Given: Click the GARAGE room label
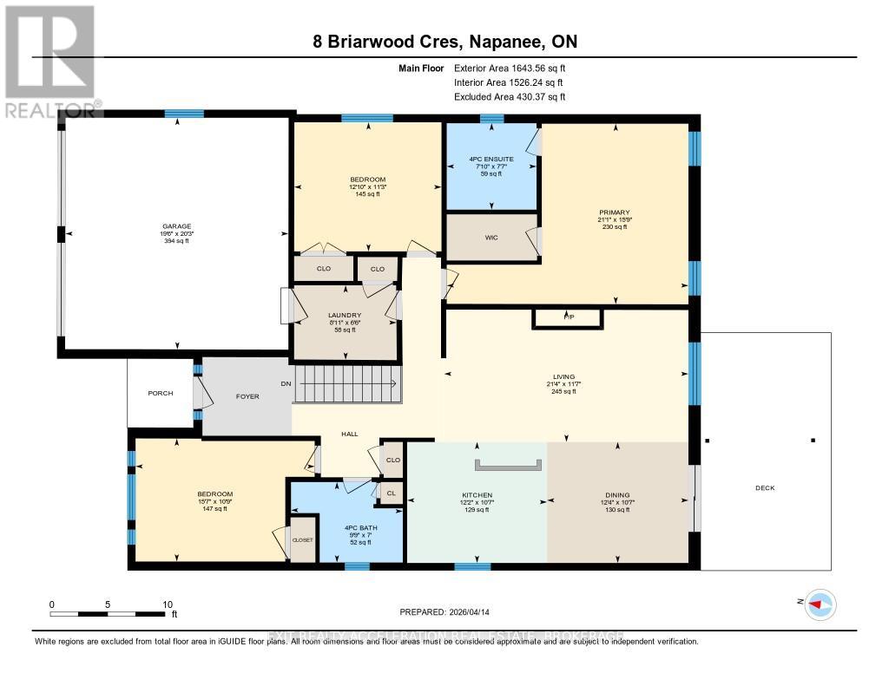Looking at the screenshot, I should [175, 226].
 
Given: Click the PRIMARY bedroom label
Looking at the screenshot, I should [614, 212].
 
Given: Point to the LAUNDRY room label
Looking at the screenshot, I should [344, 316].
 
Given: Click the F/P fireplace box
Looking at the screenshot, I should [569, 317].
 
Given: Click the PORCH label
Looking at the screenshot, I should [160, 393].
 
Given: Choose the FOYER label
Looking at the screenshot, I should [247, 396].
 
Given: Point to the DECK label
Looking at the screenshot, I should [764, 487].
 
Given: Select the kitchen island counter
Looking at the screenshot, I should [509, 464].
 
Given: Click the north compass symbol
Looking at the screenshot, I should [820, 604].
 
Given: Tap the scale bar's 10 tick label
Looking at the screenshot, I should [168, 604].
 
